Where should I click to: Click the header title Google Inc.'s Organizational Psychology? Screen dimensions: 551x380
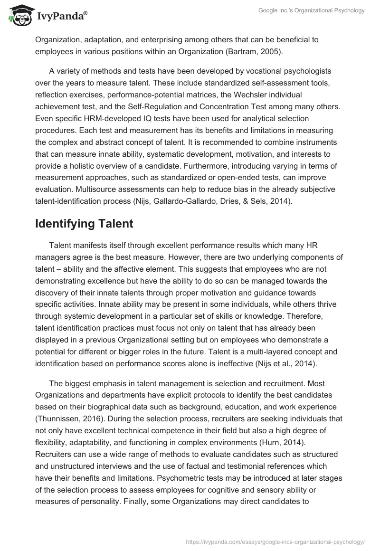[x=312, y=10]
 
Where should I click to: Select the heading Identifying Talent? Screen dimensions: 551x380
[x=84, y=224]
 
